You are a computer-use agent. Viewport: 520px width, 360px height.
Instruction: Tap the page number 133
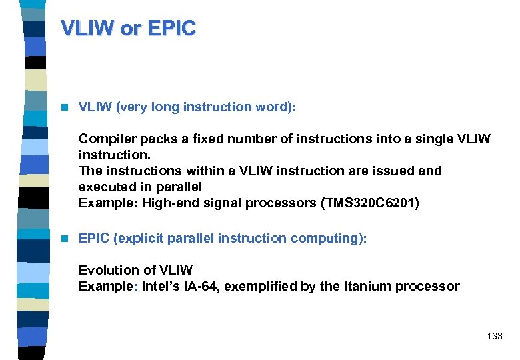click(494, 336)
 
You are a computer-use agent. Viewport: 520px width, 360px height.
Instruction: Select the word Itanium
click(366, 286)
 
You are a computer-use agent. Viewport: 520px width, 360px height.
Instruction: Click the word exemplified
click(275, 286)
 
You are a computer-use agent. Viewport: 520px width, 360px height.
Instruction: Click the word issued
click(393, 171)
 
